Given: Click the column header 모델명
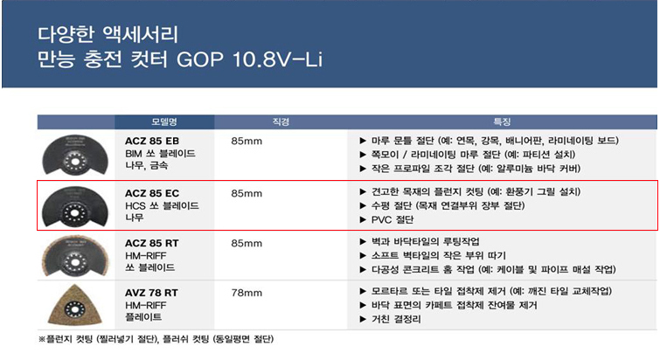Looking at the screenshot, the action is coord(164,122).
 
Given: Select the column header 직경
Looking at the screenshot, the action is coord(281,122).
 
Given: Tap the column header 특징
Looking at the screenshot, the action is coord(502,122).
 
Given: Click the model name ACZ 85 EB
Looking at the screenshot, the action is coord(152,141).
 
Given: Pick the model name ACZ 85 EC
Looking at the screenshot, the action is coord(152,193).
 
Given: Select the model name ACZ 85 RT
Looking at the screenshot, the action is coord(151,243).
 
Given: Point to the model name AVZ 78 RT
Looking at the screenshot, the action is coord(151,293).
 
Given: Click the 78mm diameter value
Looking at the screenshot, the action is coord(247,293).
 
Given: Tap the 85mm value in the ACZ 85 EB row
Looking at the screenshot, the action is coord(247,141).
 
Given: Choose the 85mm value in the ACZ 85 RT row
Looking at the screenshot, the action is coord(247,243).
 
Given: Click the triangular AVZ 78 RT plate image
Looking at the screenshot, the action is coord(75,305).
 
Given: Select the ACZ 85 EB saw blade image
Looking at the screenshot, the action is coord(75,155).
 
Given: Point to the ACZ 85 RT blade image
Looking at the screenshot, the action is coord(75,256).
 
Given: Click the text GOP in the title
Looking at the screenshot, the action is coord(200,59).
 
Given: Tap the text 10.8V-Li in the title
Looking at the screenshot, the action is coord(278,59).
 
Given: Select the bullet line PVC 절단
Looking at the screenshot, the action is coord(387,219).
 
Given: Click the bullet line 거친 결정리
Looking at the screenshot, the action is coord(390,319).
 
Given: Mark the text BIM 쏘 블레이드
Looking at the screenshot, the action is coord(160,154).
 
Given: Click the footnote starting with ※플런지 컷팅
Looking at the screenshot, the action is coord(156,339).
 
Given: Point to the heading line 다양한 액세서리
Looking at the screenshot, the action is coord(108,34).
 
